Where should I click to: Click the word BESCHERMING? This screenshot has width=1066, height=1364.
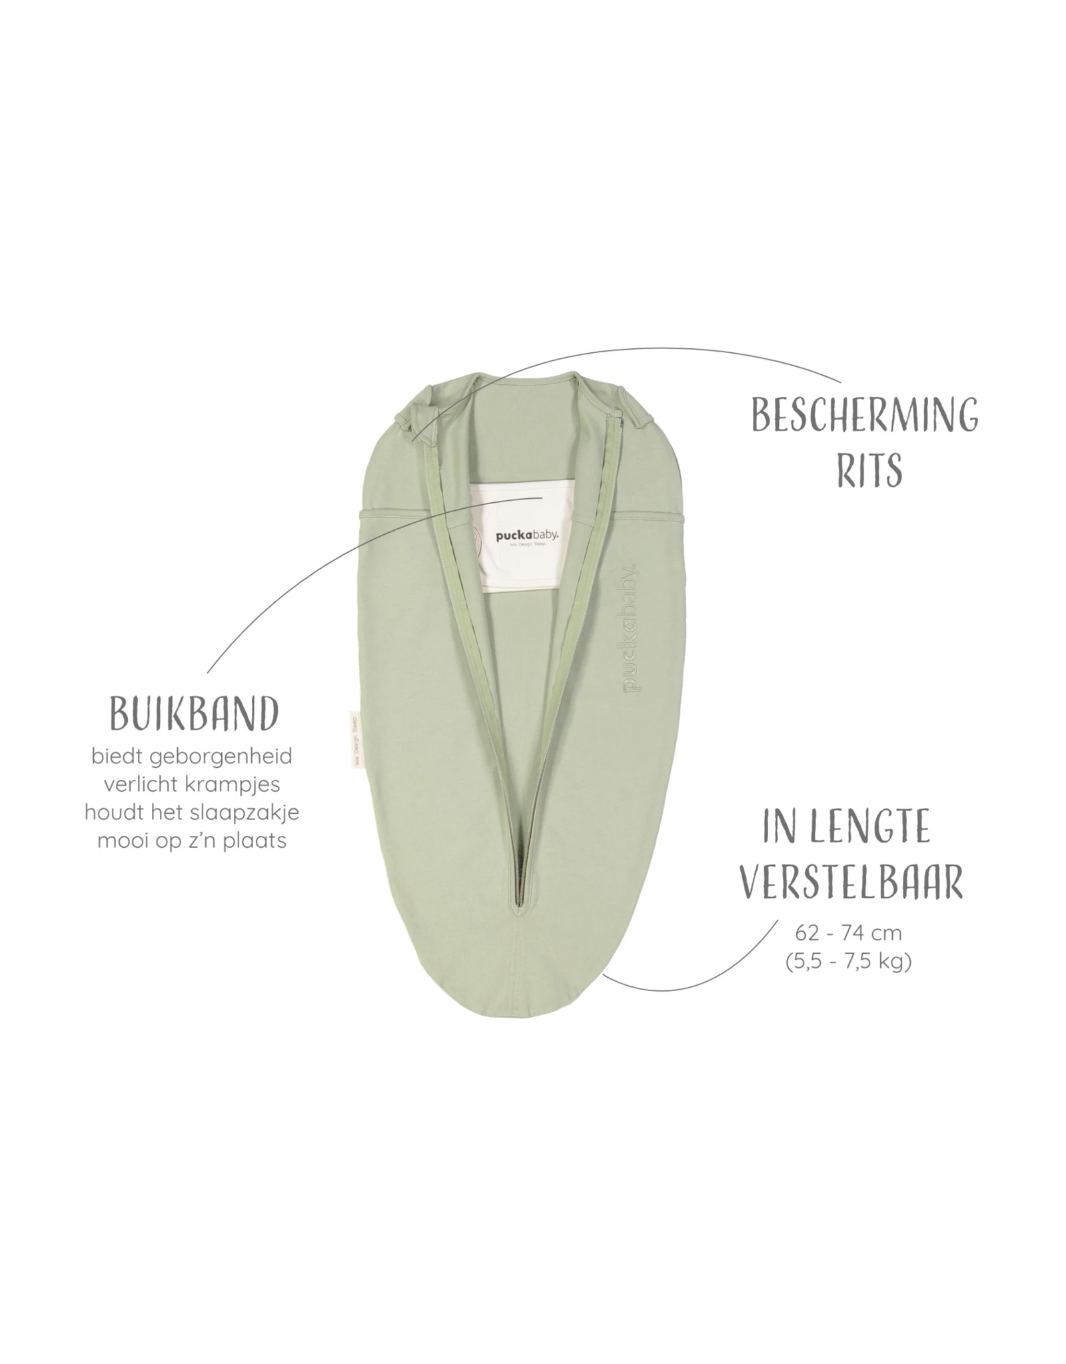click(x=865, y=415)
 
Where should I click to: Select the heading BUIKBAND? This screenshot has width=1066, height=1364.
click(x=193, y=715)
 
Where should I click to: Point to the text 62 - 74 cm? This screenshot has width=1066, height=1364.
click(x=848, y=932)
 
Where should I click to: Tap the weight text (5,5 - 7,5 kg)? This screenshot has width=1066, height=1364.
click(x=848, y=962)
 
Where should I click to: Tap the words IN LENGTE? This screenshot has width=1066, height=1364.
click(x=846, y=827)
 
